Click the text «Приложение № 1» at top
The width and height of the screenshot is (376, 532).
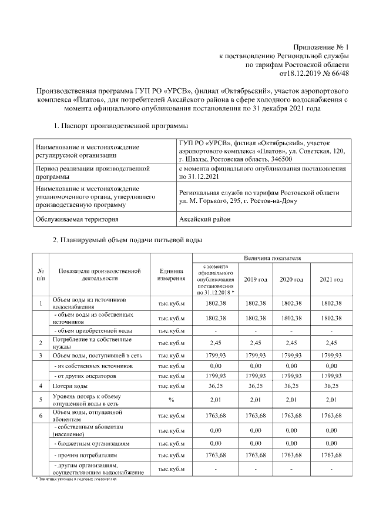321,46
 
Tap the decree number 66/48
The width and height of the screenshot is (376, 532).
338,73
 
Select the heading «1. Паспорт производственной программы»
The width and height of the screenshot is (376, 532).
113,126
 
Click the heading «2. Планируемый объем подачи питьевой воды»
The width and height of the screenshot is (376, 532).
127,241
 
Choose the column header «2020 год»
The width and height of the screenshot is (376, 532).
291,279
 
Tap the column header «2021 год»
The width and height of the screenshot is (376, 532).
331,279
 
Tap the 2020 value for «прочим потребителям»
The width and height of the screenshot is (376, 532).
291,456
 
